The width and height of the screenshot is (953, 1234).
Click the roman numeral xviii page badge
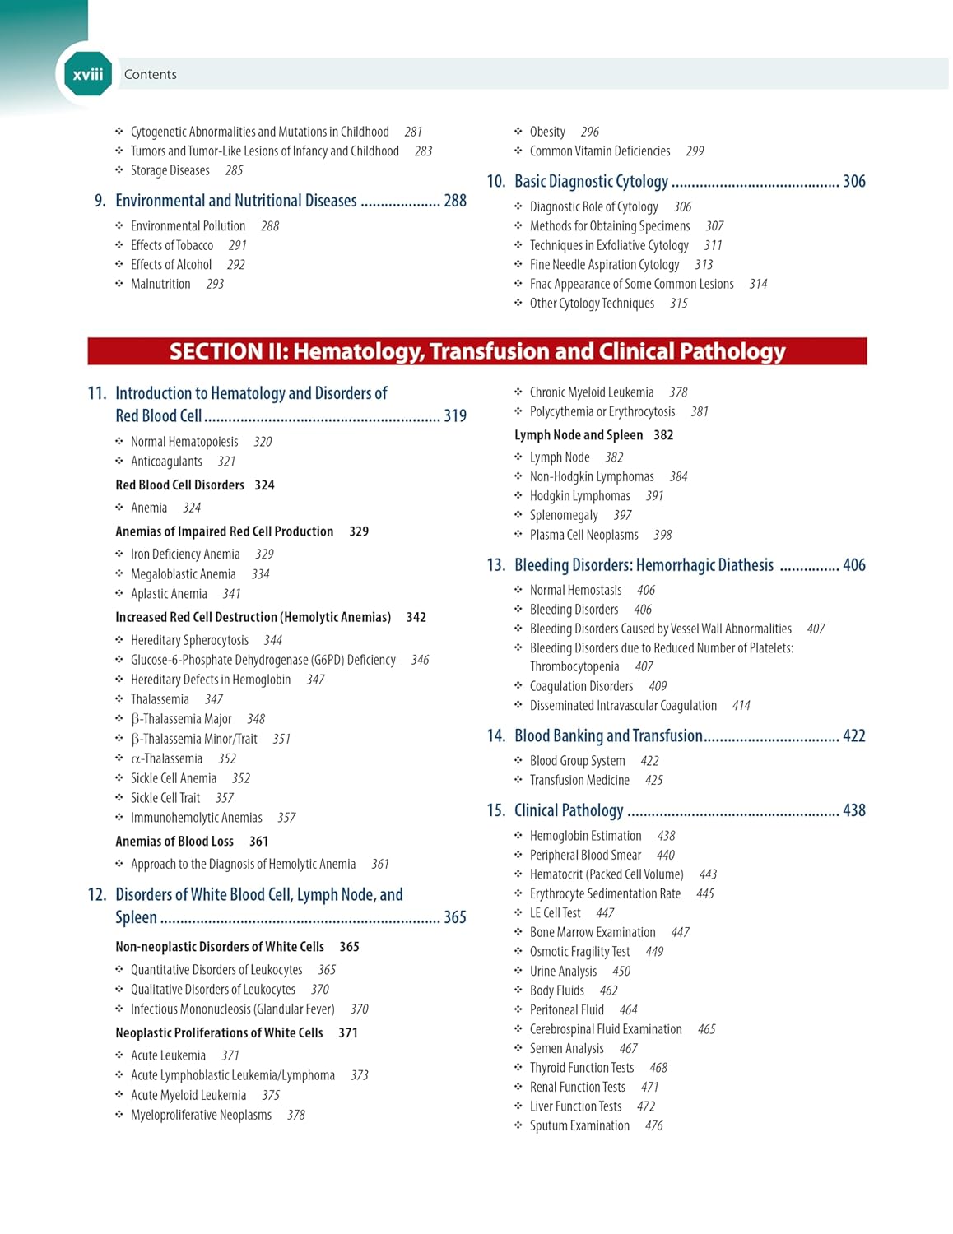coord(87,75)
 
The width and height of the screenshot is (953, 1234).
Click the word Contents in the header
coord(150,75)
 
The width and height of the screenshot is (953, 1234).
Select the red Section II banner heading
coord(476,351)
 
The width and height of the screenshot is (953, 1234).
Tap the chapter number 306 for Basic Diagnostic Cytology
coord(853,182)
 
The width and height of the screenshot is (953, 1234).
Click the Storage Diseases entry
coord(170,171)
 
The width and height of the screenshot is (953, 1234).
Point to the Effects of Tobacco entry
coord(171,245)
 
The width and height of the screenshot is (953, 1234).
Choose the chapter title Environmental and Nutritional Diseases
coord(235,201)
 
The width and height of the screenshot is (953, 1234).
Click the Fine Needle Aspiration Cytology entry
coord(604,265)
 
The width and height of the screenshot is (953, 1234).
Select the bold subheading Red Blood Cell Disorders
coord(179,485)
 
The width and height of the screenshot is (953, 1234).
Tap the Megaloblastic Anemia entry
coord(183,574)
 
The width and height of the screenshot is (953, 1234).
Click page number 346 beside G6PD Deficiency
coord(420,660)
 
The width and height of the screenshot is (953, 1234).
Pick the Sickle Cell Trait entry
coord(165,798)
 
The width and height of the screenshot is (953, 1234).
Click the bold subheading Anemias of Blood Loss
coord(174,842)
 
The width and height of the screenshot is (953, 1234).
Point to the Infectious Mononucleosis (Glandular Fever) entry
coord(232,1009)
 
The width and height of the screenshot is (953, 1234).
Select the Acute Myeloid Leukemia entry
coord(188,1096)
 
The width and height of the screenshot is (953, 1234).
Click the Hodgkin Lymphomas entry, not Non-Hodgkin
coord(579,496)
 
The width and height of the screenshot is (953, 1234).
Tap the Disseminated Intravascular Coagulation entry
coord(623,706)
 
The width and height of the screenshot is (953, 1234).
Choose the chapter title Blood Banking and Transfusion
coord(608,736)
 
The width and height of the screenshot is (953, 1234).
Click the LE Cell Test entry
coord(555,913)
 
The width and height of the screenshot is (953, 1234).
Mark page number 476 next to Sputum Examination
coord(653,1126)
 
